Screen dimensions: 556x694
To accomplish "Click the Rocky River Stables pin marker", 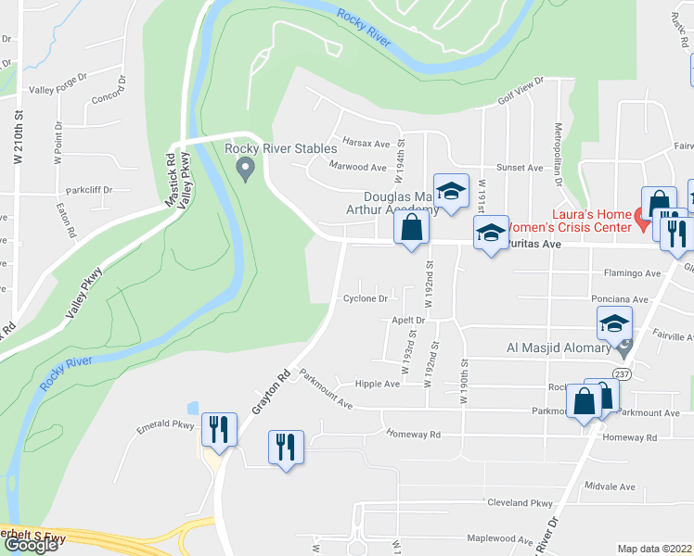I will [x=246, y=169].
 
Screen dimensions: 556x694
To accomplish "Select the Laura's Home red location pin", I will [x=640, y=221].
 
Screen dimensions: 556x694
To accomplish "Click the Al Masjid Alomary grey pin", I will [x=624, y=349].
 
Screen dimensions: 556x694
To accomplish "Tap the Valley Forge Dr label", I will [x=57, y=90].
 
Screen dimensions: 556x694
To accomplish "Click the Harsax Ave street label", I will [x=366, y=144].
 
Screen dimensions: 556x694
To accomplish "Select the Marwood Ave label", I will [x=358, y=167].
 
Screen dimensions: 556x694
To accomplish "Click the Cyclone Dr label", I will [x=366, y=298].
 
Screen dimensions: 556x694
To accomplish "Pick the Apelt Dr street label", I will [x=407, y=321].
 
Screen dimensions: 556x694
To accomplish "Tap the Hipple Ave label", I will [x=378, y=384].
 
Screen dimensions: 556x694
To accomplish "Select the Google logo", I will [x=31, y=545].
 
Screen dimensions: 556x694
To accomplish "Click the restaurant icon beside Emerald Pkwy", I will [x=219, y=428].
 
